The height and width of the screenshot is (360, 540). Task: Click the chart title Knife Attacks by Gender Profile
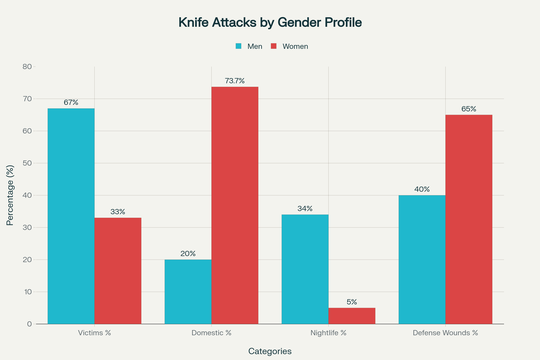pos(270,21)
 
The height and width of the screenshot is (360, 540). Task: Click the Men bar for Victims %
pos(71,216)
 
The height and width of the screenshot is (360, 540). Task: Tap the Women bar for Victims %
pos(118,270)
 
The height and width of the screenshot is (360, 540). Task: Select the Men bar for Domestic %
pos(188,291)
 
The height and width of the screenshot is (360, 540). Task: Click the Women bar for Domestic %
pos(235,205)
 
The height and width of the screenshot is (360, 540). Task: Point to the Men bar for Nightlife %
pos(305,269)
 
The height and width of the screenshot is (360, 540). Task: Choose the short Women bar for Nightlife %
pos(352,315)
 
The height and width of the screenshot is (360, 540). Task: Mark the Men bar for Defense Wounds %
pos(422,259)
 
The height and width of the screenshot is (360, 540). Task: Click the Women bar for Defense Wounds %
pos(469,219)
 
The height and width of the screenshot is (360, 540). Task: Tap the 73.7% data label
pos(235,80)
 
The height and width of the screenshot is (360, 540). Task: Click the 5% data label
pos(352,301)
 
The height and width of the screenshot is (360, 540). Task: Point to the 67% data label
pos(71,102)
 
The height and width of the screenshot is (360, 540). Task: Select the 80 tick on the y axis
pos(27,67)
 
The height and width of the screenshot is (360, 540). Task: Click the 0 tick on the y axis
pos(30,324)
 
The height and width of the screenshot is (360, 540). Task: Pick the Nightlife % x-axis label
pos(328,332)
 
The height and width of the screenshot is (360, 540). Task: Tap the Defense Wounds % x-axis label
pos(445,332)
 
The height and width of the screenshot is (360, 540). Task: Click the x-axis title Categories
pos(270,351)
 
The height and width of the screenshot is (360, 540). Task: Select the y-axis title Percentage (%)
pos(10,195)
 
